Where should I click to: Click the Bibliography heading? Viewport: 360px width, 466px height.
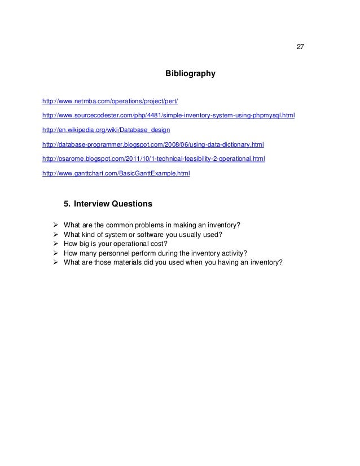pos(190,74)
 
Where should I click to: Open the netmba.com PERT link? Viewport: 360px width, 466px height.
pos(110,102)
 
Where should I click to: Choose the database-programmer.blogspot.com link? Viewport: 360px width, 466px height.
pos(153,144)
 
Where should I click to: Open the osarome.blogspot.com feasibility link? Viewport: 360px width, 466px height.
pos(153,159)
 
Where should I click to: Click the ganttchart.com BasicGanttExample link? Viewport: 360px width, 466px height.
pos(116,173)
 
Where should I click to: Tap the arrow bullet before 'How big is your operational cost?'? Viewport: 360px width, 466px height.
pos(55,244)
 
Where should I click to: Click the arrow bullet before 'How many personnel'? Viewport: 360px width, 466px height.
pos(55,253)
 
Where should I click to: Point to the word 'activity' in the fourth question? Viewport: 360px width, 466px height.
pos(234,253)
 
